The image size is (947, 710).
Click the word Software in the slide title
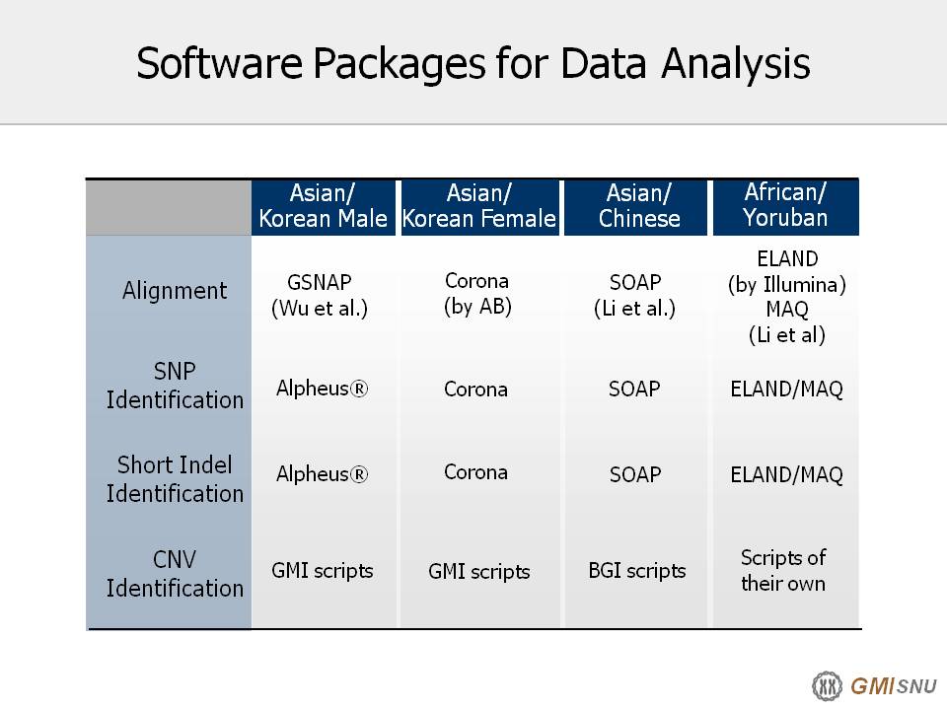pos(219,63)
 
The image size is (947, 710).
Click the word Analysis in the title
pos(735,64)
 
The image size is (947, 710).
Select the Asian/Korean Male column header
pos(324,206)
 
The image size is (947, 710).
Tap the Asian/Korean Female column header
pos(479,206)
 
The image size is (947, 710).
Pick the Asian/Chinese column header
pos(639,206)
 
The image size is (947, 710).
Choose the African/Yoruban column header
pos(785,205)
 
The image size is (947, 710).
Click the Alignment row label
pos(175,291)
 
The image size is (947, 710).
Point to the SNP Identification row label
pos(175,386)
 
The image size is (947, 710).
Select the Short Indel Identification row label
pos(175,479)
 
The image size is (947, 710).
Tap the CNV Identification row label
pos(175,574)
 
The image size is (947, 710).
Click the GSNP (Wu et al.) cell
pos(320,295)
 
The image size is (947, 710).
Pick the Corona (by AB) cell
pos(477,294)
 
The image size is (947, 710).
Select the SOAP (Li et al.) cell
pos(634,295)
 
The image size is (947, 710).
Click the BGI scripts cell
pos(637,571)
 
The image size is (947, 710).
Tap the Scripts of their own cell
pos(783,571)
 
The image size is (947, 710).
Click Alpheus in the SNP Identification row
pos(322,389)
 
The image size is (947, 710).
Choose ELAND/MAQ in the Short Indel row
pos(786,474)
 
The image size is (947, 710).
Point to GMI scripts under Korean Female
pos(479,572)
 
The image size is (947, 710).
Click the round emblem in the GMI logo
pos(827,686)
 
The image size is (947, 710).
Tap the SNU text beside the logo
pos(916,686)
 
